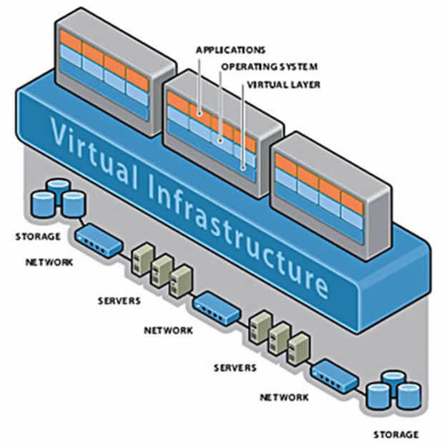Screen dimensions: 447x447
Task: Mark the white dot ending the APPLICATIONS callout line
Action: (201, 112)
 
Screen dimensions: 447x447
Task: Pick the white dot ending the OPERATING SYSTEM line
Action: (222, 140)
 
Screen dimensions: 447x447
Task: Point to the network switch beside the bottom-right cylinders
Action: (334, 373)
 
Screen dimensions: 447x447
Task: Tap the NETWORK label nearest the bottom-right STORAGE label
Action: (284, 397)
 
